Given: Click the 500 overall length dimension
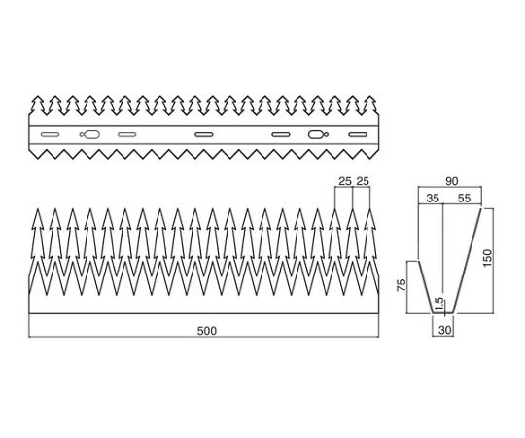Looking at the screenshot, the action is tap(206, 331).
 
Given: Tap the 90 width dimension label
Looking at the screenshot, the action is tap(451, 181).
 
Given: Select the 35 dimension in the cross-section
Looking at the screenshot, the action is tap(433, 199).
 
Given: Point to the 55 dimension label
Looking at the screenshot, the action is tap(464, 199).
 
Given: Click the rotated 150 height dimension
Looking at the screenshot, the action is tap(487, 257).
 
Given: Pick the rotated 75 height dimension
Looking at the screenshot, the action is tap(402, 284).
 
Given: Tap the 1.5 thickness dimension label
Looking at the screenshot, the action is tap(440, 304).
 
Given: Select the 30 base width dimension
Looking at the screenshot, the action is tap(445, 330).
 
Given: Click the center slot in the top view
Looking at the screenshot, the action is tap(204, 135).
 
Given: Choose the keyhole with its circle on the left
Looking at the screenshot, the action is tap(89, 134).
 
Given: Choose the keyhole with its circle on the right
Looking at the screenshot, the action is tap(318, 134).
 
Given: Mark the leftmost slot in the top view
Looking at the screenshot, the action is tap(50, 135).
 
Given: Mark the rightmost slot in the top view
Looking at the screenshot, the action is tap(358, 135).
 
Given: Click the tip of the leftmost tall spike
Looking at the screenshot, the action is tap(38, 208).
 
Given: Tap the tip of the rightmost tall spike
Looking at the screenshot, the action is tap(370, 208).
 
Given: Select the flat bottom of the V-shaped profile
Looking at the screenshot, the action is tap(443, 313).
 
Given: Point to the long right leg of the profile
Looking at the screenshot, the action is tap(467, 261).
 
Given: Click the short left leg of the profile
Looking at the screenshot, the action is tap(426, 287).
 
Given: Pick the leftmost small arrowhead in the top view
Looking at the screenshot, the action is tap(38, 104).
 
